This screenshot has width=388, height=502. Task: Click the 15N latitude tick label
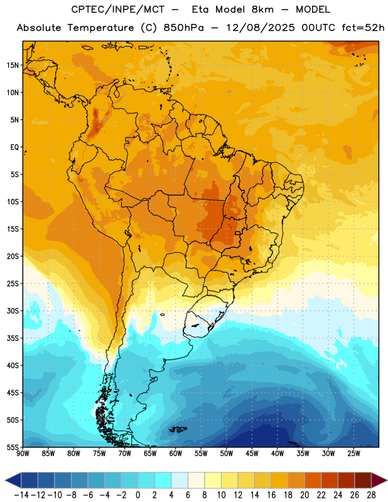point(13,65)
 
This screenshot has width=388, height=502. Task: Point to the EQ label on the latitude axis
point(14,147)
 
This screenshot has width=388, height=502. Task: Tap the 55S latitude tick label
point(13,447)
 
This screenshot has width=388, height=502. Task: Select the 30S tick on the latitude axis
point(13,311)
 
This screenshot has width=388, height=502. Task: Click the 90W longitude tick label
point(23,453)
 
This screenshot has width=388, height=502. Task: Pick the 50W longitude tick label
point(226,453)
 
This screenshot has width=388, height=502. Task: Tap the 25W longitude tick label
point(353,453)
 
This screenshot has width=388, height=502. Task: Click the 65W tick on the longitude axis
point(150,453)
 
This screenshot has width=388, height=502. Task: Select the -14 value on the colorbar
point(21,495)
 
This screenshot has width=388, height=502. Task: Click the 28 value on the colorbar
point(371,495)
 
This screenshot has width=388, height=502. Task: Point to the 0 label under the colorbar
point(137,495)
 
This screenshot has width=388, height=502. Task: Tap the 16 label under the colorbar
point(271,495)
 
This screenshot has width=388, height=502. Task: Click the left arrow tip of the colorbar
point(5,480)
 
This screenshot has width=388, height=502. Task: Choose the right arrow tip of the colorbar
point(387,480)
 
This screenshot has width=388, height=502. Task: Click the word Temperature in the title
point(100,28)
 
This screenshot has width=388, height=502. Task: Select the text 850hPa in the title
point(183,28)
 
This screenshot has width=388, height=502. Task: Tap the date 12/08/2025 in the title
point(260,28)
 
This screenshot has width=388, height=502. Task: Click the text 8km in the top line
point(262,9)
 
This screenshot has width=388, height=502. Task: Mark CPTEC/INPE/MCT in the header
point(118,9)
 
